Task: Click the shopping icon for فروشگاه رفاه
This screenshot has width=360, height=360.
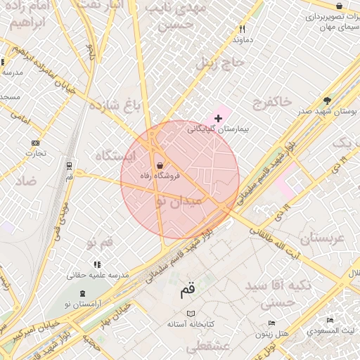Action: pyautogui.click(x=160, y=166)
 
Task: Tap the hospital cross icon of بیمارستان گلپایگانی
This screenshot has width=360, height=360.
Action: pyautogui.click(x=218, y=118)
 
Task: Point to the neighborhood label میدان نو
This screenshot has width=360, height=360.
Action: pyautogui.click(x=178, y=200)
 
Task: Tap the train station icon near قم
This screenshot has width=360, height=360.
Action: pyautogui.click(x=69, y=166)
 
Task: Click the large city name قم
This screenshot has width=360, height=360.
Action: pyautogui.click(x=188, y=288)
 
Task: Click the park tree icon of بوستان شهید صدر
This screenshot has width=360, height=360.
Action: pyautogui.click(x=327, y=101)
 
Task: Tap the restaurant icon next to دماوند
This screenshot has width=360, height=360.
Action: pyautogui.click(x=243, y=30)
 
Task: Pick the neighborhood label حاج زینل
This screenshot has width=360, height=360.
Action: pyautogui.click(x=219, y=63)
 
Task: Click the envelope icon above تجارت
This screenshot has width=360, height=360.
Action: pyautogui.click(x=36, y=141)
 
